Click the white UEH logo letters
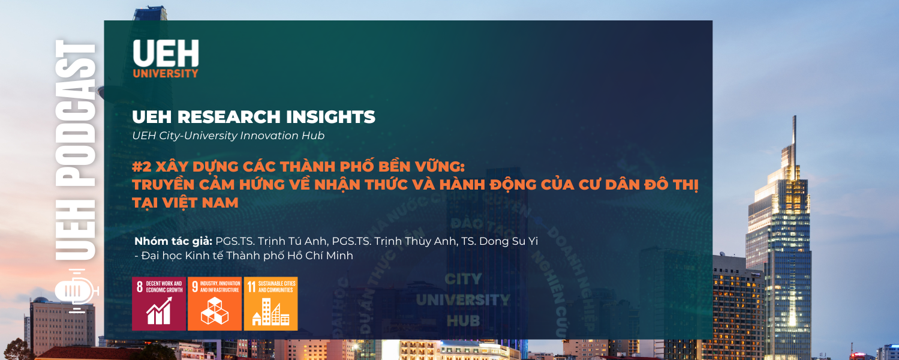pos(165,53)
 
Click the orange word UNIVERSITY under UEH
pos(165,74)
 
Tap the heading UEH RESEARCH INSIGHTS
pos(254,117)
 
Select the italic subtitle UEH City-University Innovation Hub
pos(228,136)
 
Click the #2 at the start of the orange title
pos(141,166)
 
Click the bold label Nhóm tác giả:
pos(173,241)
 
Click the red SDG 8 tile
pos(159,304)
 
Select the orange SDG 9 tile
pos(214,304)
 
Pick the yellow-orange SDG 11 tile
pos(270,304)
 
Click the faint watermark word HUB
pos(462,320)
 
